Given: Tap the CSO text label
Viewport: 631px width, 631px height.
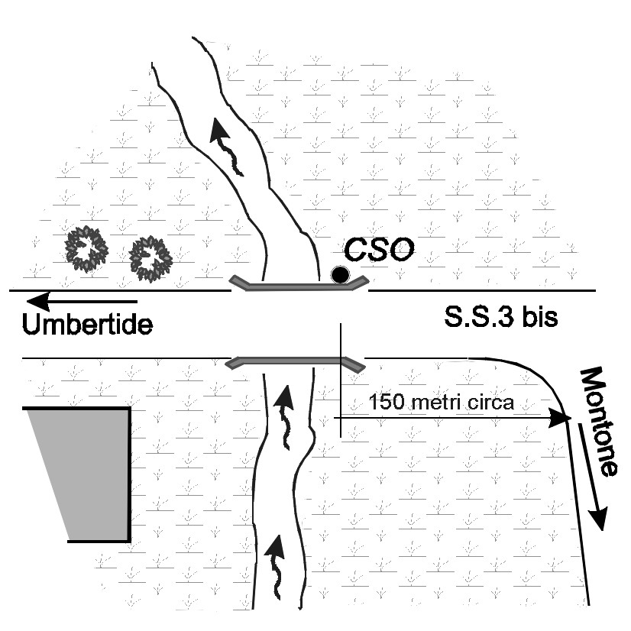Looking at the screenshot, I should (x=378, y=250).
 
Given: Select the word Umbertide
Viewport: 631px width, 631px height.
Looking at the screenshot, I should (x=87, y=325).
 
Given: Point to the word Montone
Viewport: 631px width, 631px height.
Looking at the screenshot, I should (x=597, y=421).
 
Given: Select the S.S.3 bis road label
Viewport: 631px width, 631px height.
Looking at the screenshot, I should (x=500, y=317).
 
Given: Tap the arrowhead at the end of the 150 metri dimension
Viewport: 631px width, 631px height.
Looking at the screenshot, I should (x=562, y=419).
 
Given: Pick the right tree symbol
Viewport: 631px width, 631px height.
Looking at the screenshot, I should (x=150, y=257).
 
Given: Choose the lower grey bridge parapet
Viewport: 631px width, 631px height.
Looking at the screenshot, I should (x=295, y=361).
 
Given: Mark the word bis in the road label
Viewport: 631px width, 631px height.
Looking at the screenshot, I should (x=540, y=317).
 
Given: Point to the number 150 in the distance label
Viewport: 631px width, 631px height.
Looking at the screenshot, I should (x=382, y=402).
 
